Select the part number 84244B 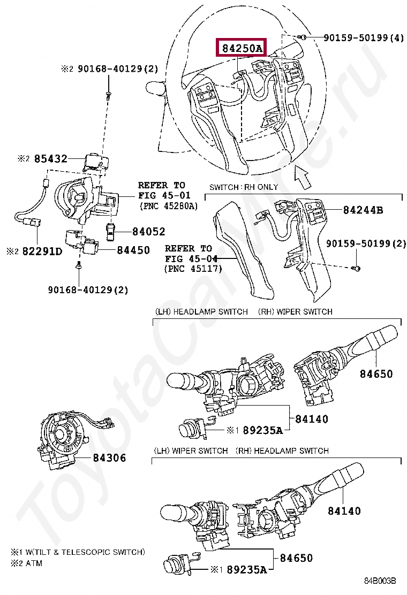pyautogui.click(x=363, y=210)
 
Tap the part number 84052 pyautogui.click(x=141, y=232)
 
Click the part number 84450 pyautogui.click(x=133, y=250)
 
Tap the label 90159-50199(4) pyautogui.click(x=364, y=38)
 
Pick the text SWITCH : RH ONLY pyautogui.click(x=244, y=187)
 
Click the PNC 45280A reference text pyautogui.click(x=168, y=205)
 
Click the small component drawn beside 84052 pyautogui.click(x=110, y=231)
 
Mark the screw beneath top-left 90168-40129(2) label pyautogui.click(x=108, y=95)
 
